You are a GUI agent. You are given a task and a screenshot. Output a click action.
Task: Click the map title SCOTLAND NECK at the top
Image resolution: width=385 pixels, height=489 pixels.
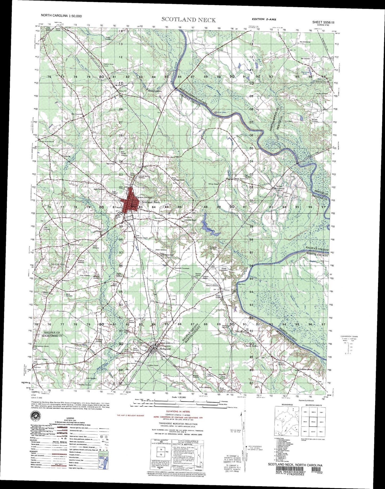[x=189, y=20]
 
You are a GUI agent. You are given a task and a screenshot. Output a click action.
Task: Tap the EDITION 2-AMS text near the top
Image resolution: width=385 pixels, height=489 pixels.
[x=264, y=19]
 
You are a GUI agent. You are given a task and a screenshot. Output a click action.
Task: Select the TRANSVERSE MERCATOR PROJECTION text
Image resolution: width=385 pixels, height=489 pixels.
[x=178, y=424]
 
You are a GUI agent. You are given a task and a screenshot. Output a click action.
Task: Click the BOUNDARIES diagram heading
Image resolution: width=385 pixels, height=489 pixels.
[x=287, y=405]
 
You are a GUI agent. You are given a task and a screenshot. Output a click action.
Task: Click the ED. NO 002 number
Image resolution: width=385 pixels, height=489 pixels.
[x=319, y=472]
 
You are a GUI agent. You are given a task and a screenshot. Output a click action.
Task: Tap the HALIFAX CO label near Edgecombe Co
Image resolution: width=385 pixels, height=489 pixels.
[x=52, y=333]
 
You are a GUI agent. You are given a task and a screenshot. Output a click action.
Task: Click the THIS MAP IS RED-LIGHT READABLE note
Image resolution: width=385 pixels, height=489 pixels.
[x=131, y=415]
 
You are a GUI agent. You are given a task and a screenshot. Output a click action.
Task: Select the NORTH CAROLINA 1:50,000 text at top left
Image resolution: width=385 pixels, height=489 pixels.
[x=61, y=16]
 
